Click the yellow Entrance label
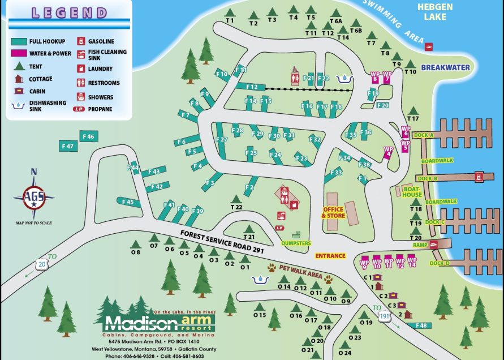pos(330,256)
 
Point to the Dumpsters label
pos(296,243)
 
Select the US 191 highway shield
pos(385,319)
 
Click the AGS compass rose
pos(34,198)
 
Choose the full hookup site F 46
pos(89,136)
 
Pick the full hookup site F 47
pos(68,146)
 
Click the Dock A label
pos(424,135)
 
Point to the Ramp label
pos(420,245)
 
